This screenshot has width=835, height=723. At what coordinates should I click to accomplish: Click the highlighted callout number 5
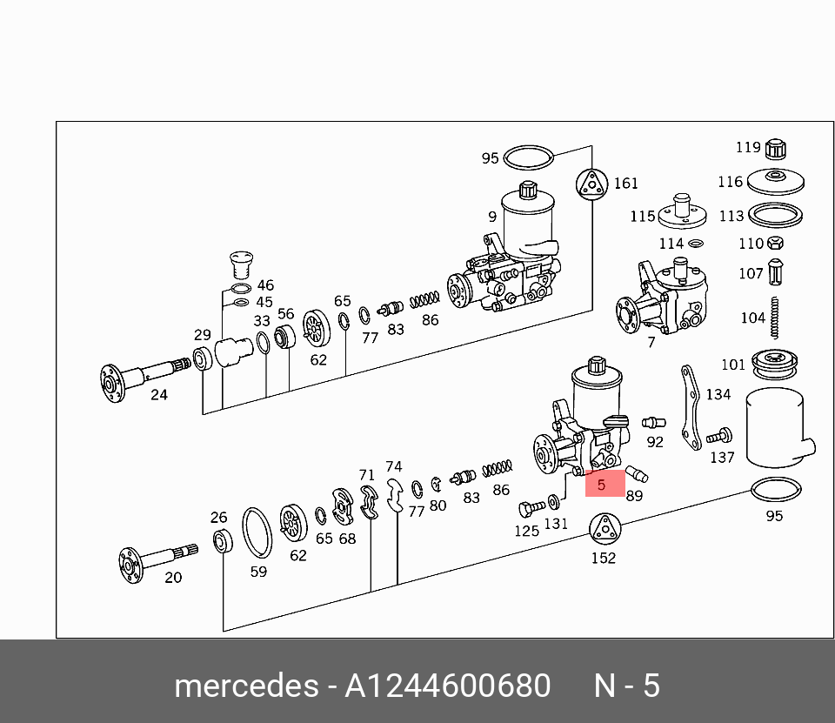click(x=601, y=484)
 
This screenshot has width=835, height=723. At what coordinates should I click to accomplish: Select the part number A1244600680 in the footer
click(x=448, y=686)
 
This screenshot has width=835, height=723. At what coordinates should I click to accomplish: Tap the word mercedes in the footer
click(x=246, y=686)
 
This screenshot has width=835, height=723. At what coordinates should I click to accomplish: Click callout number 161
click(x=625, y=183)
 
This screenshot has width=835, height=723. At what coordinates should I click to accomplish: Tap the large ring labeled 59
click(x=257, y=532)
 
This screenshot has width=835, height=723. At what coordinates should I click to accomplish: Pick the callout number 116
click(x=731, y=182)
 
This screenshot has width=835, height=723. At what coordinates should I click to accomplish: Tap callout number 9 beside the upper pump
click(x=492, y=217)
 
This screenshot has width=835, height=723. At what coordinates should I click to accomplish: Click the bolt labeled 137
click(x=719, y=435)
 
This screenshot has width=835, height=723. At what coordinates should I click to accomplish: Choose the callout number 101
click(x=733, y=365)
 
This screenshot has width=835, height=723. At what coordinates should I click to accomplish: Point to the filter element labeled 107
click(x=778, y=271)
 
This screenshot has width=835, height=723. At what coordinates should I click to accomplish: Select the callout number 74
click(x=394, y=466)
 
